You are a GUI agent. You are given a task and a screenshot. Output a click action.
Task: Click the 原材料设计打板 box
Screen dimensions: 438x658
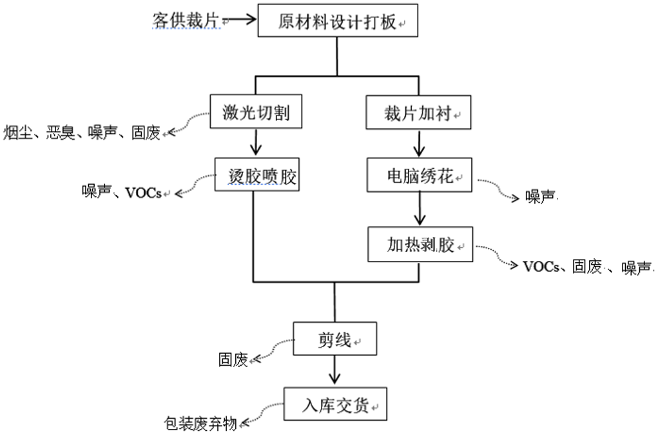[x=336, y=21]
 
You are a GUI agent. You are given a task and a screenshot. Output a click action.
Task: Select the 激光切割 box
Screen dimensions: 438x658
[x=256, y=113]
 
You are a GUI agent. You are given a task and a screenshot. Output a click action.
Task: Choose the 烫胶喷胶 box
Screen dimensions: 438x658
[x=256, y=176]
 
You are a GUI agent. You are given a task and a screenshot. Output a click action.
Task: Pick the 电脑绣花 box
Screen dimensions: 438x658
[x=419, y=176]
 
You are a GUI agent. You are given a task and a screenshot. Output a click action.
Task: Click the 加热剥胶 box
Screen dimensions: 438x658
[x=420, y=244]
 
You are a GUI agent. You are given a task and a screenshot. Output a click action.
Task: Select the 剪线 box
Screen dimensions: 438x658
[x=334, y=339]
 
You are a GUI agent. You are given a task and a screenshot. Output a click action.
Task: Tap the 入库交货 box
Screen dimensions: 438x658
[x=335, y=405]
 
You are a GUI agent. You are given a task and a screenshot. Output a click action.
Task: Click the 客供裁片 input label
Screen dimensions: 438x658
[x=185, y=20]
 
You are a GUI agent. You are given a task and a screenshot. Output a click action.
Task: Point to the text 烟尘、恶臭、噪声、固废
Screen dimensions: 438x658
[x=82, y=134]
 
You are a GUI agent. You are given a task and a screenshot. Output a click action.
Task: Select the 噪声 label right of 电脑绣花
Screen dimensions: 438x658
[x=540, y=197]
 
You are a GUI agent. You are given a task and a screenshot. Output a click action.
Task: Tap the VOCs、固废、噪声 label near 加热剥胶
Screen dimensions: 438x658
[x=586, y=267]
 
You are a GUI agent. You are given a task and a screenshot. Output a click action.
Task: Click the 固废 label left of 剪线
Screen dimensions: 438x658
[x=233, y=359]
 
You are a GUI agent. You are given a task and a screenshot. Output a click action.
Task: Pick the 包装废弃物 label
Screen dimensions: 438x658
[x=200, y=423]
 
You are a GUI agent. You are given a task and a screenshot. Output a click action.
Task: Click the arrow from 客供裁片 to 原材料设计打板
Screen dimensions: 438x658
[x=241, y=20]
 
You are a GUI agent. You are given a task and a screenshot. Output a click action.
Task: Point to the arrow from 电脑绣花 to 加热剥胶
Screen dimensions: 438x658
[x=420, y=209]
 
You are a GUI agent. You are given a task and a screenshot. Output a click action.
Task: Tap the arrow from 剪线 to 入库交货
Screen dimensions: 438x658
[x=334, y=370]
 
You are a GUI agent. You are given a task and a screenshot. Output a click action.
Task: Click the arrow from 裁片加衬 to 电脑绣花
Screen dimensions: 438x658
[x=420, y=144]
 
